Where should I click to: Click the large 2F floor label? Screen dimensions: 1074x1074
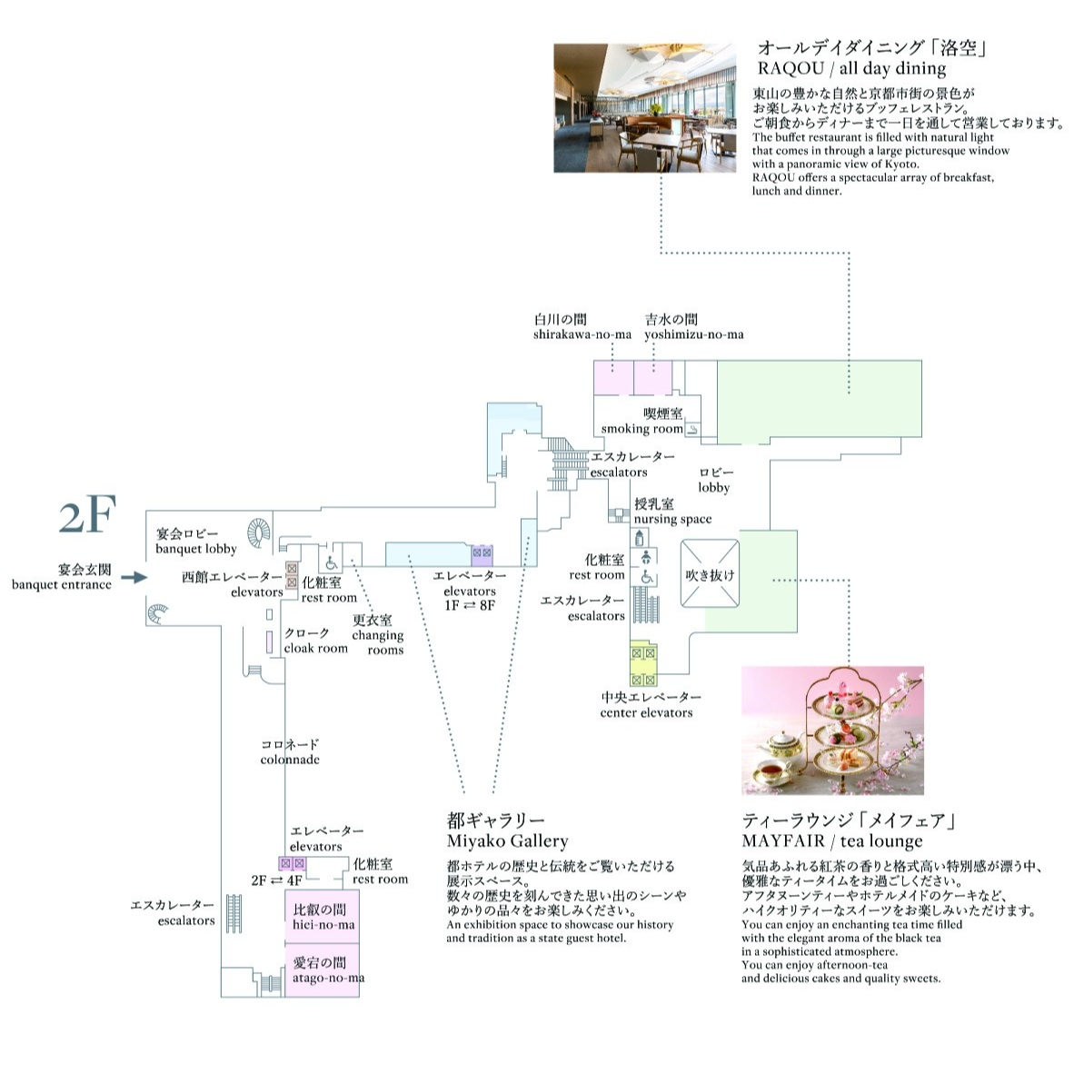pyautogui.click(x=87, y=515)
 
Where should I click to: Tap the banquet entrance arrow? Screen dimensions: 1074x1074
pyautogui.click(x=135, y=577)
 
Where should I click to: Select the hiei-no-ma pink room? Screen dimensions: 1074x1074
pyautogui.click(x=322, y=917)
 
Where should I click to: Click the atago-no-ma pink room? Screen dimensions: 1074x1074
pyautogui.click(x=322, y=970)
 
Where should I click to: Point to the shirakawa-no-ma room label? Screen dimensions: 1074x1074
pyautogui.click(x=582, y=327)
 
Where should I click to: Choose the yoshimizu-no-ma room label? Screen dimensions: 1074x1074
pyautogui.click(x=694, y=327)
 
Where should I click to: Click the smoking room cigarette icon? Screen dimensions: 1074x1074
pyautogui.click(x=692, y=430)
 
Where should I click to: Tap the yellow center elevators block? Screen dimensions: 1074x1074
pyautogui.click(x=643, y=663)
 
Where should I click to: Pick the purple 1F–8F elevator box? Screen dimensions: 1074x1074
pyautogui.click(x=482, y=555)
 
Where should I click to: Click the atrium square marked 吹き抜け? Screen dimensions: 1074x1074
pyautogui.click(x=710, y=574)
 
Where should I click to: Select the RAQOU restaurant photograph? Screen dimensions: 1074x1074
pyautogui.click(x=644, y=107)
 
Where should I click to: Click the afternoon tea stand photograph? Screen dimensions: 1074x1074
pyautogui.click(x=833, y=731)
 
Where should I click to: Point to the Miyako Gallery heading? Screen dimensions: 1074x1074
pyautogui.click(x=508, y=830)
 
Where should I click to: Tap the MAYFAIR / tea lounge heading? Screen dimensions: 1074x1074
pyautogui.click(x=850, y=830)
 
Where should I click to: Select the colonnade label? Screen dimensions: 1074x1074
pyautogui.click(x=290, y=751)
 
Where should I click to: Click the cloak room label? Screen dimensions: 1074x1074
pyautogui.click(x=316, y=641)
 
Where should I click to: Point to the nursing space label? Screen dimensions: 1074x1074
pyautogui.click(x=672, y=512)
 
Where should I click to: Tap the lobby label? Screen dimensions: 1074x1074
pyautogui.click(x=714, y=480)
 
